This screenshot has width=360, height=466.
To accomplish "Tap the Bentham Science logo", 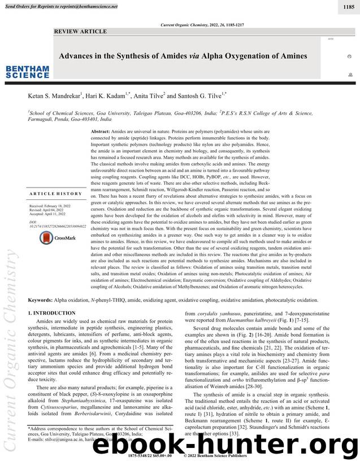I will coord(27,72).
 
